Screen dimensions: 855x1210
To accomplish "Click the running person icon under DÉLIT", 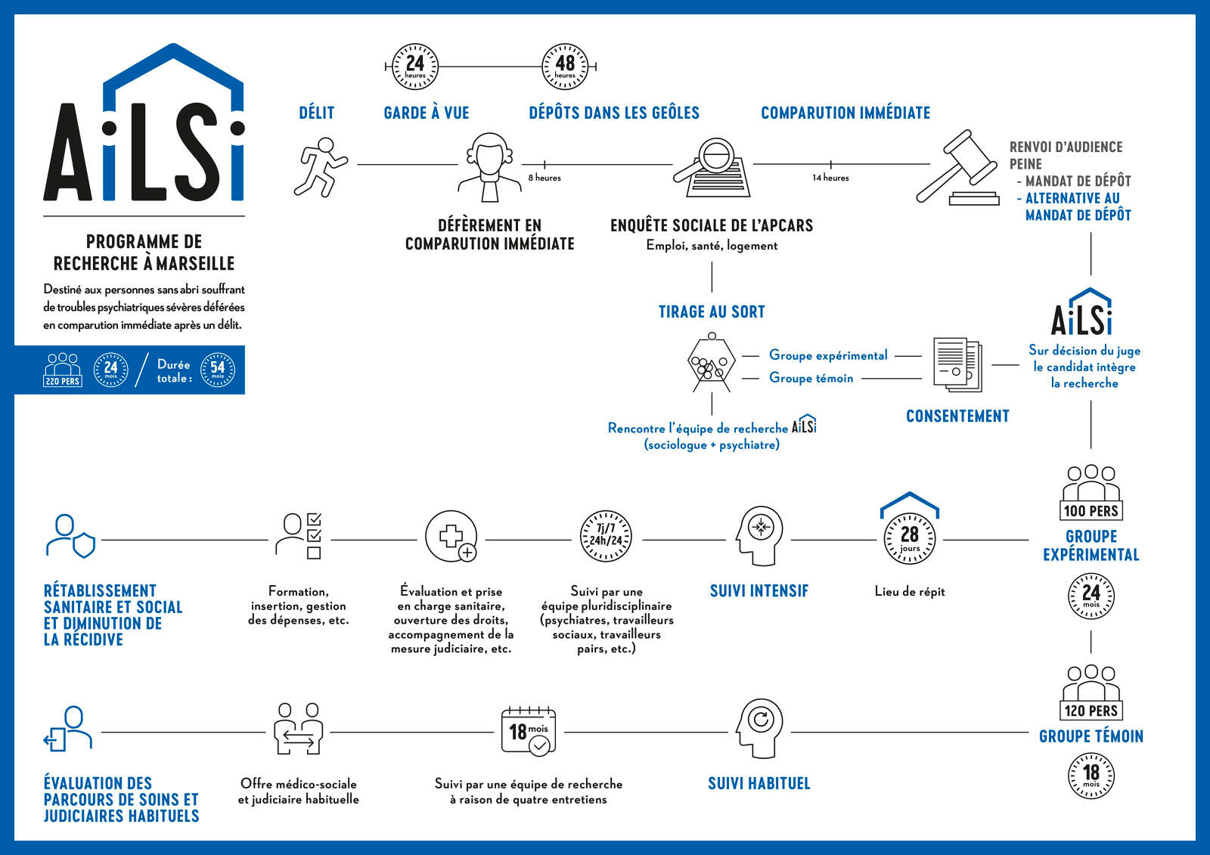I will click(x=320, y=166).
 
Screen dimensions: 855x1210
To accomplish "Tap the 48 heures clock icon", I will click(x=565, y=67).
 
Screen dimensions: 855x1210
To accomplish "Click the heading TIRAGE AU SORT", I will click(x=712, y=311).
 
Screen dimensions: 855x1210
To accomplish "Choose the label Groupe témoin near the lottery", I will click(x=811, y=378).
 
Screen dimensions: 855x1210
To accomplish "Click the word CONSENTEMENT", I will click(x=957, y=416).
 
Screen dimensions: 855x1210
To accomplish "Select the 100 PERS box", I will click(x=1091, y=510).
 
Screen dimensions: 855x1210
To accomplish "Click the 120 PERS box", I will click(x=1091, y=711).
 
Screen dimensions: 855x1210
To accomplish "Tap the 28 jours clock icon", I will click(x=910, y=538).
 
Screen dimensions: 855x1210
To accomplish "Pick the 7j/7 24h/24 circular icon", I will click(x=605, y=535).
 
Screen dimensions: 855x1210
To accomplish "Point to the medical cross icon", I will click(x=451, y=536).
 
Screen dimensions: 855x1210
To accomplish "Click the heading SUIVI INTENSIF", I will click(x=759, y=591).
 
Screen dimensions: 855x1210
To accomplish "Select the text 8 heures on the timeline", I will click(x=544, y=178).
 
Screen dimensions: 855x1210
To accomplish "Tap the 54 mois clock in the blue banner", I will click(x=218, y=370).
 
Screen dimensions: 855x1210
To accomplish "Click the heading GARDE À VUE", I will click(x=426, y=113).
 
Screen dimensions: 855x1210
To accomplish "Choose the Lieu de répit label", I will click(x=910, y=591).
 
